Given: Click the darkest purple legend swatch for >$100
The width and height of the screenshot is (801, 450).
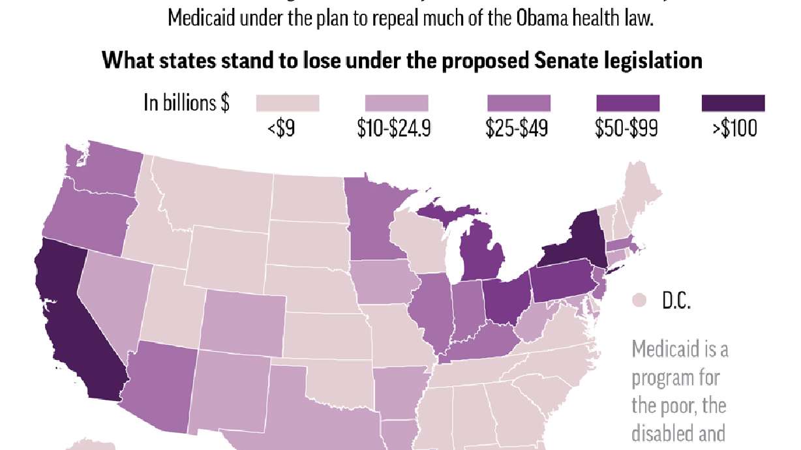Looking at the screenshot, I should (x=733, y=103).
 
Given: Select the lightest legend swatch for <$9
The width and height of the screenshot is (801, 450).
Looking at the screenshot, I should (x=287, y=103).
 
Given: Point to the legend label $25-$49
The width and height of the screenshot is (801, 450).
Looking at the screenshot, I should (x=516, y=128).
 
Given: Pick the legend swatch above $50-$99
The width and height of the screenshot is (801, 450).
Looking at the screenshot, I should (x=627, y=103).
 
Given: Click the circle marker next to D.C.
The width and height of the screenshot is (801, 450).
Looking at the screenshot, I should (x=640, y=301).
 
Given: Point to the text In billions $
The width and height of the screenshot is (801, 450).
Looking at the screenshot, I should (x=187, y=104).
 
